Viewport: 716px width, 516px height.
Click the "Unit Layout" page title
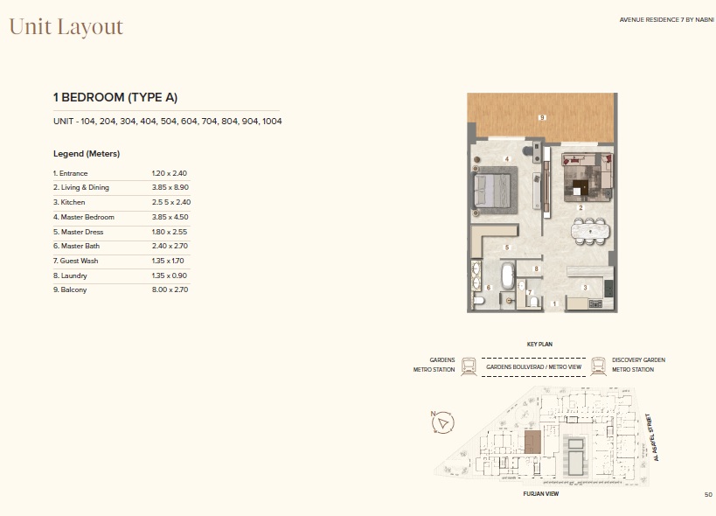tap(66, 27)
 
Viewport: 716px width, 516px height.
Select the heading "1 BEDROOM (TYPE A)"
tap(115, 97)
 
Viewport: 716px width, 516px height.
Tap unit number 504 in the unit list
tap(169, 122)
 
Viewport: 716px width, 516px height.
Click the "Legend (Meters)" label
tap(87, 154)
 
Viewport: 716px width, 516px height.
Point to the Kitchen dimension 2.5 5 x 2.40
tap(171, 202)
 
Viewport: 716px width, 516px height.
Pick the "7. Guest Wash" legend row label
tap(75, 261)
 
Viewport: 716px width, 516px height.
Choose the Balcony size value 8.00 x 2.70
tap(170, 289)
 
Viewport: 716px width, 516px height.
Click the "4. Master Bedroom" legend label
tap(84, 217)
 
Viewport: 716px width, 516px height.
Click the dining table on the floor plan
tap(590, 231)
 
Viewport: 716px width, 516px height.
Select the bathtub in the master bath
tap(508, 275)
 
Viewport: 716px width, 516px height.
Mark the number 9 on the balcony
tap(542, 117)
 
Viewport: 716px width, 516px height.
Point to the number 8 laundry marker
tap(537, 269)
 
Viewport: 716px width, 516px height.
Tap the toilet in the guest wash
tap(534, 302)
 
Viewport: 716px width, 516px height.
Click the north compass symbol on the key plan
tap(442, 422)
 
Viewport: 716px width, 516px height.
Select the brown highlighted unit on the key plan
tap(532, 442)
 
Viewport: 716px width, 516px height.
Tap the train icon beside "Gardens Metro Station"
tap(469, 366)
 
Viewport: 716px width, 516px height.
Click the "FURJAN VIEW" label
tap(540, 493)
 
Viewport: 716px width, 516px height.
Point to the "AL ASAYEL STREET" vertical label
tap(652, 437)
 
